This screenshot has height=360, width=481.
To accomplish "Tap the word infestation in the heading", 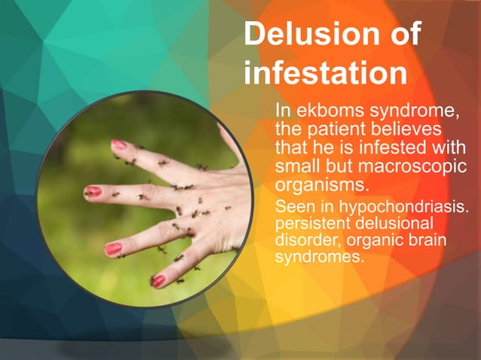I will pyautogui.click(x=326, y=75).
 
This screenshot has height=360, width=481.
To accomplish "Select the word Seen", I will pyautogui.click(x=294, y=206).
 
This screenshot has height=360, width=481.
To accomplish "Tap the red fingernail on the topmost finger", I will pyautogui.click(x=119, y=144).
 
